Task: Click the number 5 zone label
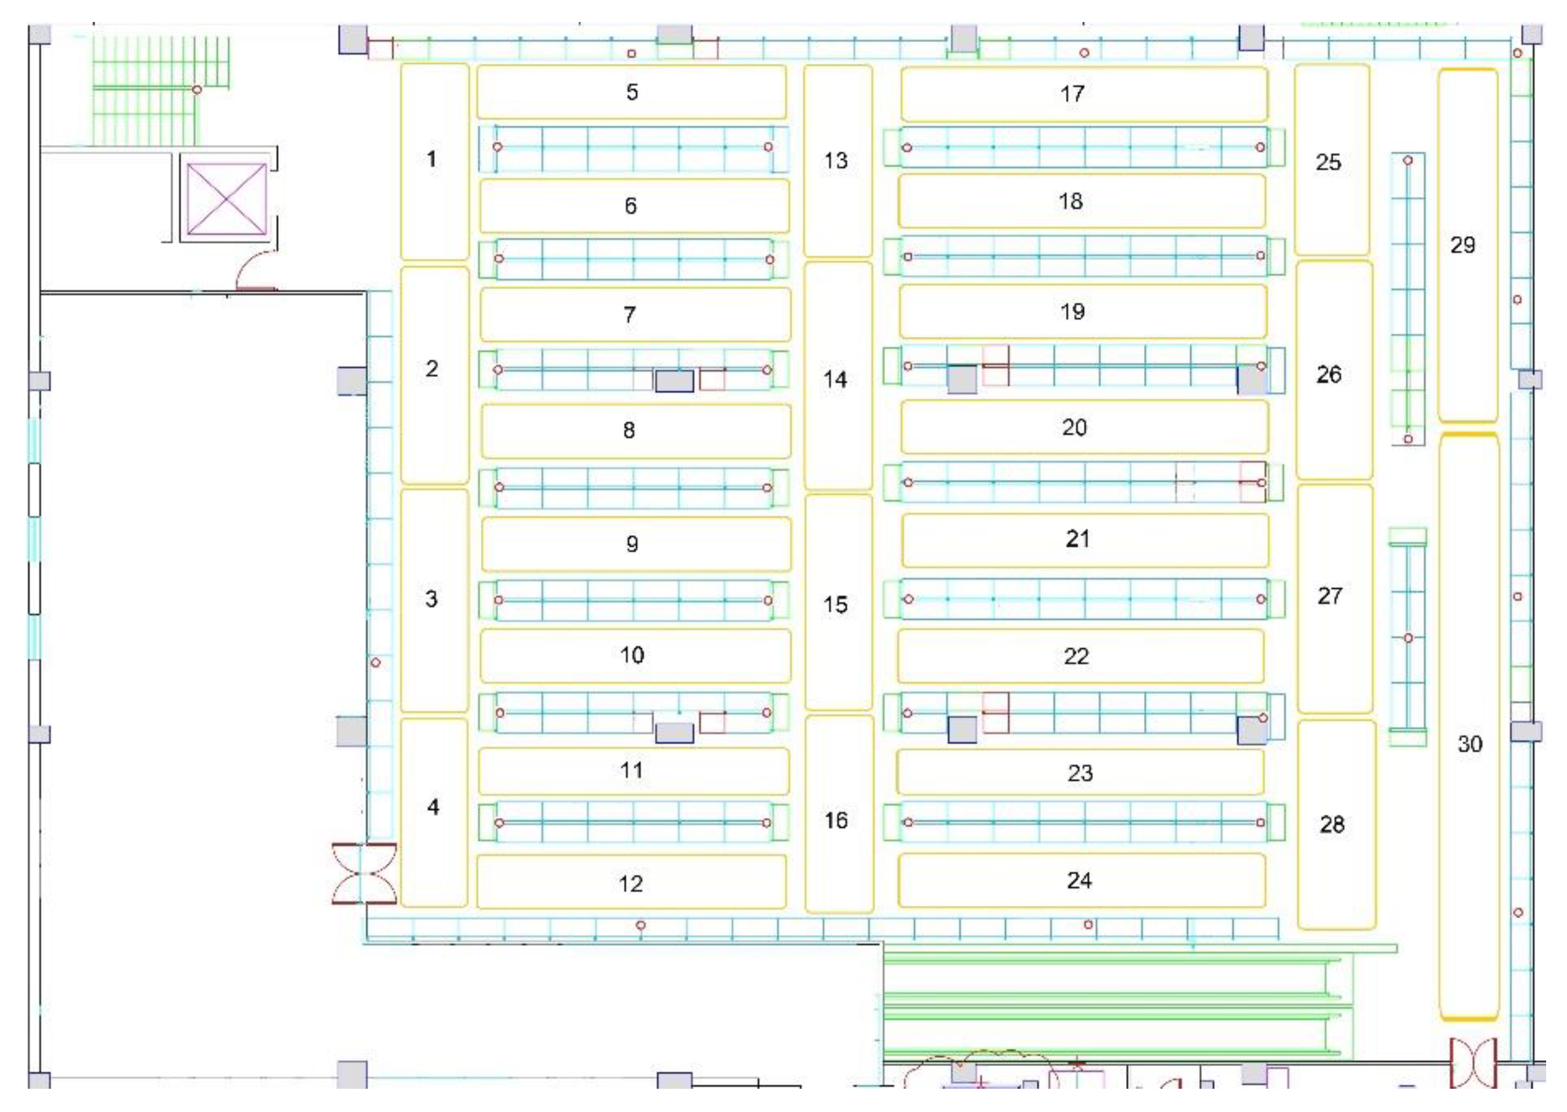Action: tap(632, 92)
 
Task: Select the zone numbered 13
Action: tap(836, 161)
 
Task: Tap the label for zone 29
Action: tap(1462, 245)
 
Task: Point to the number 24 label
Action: tap(1079, 881)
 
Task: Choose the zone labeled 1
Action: tap(431, 160)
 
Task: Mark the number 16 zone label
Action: tap(836, 821)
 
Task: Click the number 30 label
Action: tap(1469, 744)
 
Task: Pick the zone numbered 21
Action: tap(1077, 539)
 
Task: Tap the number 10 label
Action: tap(632, 656)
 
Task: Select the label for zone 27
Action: tap(1329, 597)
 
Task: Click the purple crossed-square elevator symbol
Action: tap(226, 198)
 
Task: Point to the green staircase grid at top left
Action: tap(161, 89)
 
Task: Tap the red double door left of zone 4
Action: tap(364, 874)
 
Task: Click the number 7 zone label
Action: tap(630, 315)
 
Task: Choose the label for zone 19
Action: tap(1072, 312)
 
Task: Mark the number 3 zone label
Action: tap(431, 599)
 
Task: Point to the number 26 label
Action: tap(1329, 375)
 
